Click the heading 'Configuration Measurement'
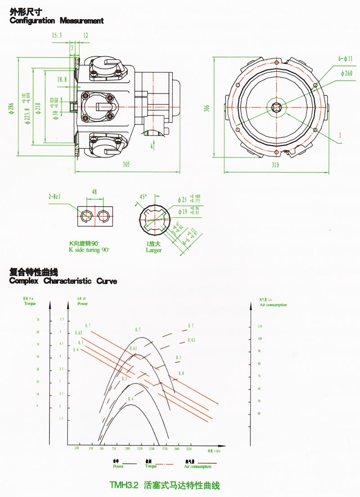point(57,21)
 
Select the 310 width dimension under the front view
point(275,165)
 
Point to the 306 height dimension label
point(207,108)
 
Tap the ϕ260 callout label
point(346,73)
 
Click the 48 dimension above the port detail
point(94,191)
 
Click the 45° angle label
point(144,197)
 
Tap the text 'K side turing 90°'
point(89,249)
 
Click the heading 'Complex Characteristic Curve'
point(63,282)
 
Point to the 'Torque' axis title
point(30,304)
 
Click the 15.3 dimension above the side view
point(57,35)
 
